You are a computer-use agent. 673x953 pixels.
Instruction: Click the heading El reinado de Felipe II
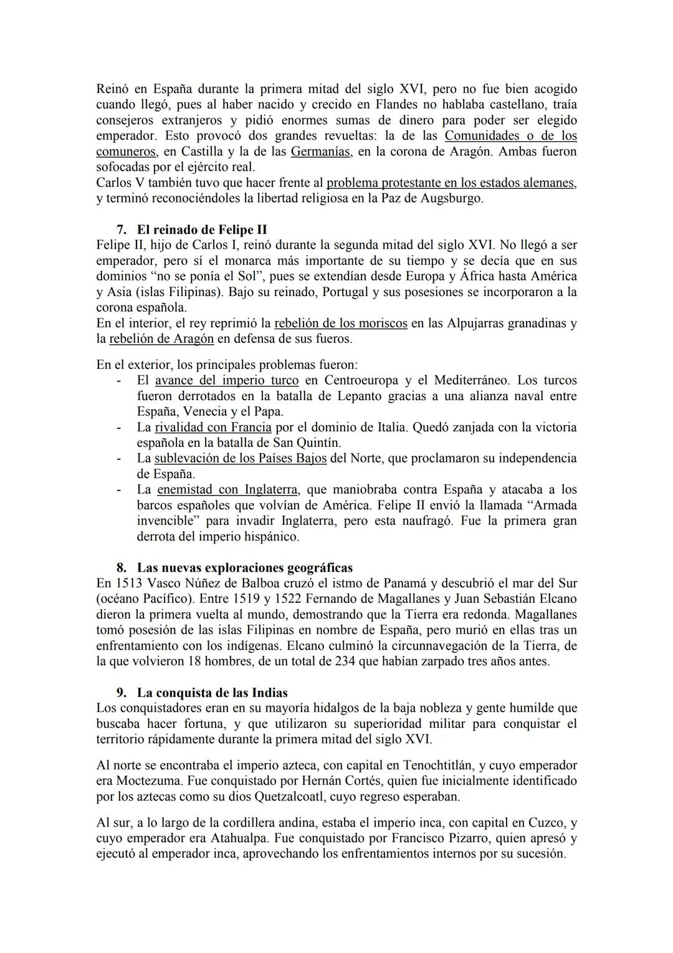(x=202, y=229)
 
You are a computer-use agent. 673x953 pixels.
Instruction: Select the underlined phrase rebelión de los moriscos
(x=341, y=323)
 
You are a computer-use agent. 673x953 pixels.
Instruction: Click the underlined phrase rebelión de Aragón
(x=161, y=339)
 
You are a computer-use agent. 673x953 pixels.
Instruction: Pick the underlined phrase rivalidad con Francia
(x=213, y=427)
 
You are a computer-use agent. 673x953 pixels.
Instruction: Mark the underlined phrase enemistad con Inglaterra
(x=227, y=489)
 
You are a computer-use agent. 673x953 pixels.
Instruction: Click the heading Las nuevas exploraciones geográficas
(x=244, y=568)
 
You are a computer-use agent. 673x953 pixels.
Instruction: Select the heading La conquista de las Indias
(x=212, y=692)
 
